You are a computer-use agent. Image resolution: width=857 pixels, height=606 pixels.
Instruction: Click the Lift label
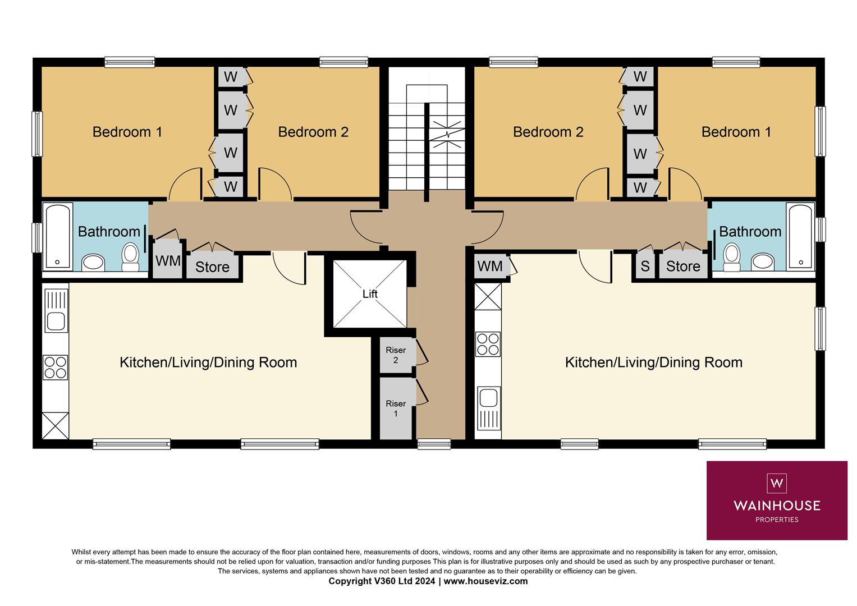pyautogui.click(x=370, y=294)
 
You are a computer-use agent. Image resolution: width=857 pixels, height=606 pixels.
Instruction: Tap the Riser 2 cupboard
pyautogui.click(x=396, y=355)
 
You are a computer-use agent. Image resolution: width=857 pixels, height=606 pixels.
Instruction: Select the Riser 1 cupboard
pyautogui.click(x=396, y=408)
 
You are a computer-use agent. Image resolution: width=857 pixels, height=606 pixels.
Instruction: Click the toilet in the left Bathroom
pyautogui.click(x=130, y=255)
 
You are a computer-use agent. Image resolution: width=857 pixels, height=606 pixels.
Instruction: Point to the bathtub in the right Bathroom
pyautogui.click(x=800, y=236)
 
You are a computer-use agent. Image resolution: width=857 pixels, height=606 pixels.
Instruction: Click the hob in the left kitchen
pyautogui.click(x=56, y=367)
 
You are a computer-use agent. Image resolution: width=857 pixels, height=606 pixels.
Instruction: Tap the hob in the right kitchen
pyautogui.click(x=488, y=344)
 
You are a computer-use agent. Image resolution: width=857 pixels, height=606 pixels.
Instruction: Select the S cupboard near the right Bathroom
pyautogui.click(x=645, y=266)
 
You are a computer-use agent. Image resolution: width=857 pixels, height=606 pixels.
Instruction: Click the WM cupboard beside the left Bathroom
pyautogui.click(x=168, y=260)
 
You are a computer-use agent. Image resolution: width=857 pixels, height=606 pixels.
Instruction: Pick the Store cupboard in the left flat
pyautogui.click(x=212, y=267)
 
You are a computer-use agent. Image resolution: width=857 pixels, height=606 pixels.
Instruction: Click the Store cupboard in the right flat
pyautogui.click(x=683, y=266)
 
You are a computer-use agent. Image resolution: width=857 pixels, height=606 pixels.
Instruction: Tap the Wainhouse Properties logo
pyautogui.click(x=777, y=500)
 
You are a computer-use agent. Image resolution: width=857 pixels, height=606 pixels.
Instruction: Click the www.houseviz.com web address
pyautogui.click(x=485, y=581)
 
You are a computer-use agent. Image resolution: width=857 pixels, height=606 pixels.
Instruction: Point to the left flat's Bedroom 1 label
pyautogui.click(x=127, y=132)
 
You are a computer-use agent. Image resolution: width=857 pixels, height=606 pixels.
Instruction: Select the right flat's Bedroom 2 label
pyautogui.click(x=548, y=132)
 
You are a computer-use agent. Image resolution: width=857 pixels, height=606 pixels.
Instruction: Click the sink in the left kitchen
pyautogui.click(x=56, y=321)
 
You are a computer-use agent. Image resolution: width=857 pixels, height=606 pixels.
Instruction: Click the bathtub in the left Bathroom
pyautogui.click(x=58, y=236)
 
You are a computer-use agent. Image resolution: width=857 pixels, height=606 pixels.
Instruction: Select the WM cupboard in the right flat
pyautogui.click(x=490, y=266)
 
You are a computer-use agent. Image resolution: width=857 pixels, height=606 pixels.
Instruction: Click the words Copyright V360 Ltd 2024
pyautogui.click(x=382, y=581)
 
